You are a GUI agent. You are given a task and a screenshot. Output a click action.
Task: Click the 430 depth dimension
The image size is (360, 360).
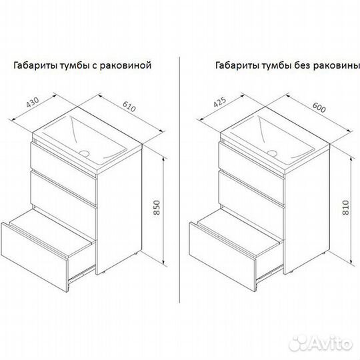click(33, 103)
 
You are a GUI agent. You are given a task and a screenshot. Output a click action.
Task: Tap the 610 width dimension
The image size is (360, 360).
click(129, 106)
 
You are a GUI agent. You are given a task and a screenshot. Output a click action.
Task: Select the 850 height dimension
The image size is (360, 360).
click(157, 207)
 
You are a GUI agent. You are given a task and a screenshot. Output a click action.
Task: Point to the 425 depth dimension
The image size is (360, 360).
click(220, 102)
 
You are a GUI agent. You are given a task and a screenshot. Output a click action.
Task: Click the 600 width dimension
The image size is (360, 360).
click(319, 107)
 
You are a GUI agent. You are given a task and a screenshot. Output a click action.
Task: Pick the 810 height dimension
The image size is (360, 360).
click(345, 207)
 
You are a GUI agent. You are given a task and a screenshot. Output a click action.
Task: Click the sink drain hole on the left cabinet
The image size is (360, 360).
click(84, 153)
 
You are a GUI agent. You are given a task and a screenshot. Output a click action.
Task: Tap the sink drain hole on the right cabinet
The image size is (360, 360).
click(272, 153)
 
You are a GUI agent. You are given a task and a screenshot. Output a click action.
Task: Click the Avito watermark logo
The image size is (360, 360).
click(321, 344)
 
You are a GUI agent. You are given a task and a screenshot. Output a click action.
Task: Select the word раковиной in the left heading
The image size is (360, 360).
click(125, 65)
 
